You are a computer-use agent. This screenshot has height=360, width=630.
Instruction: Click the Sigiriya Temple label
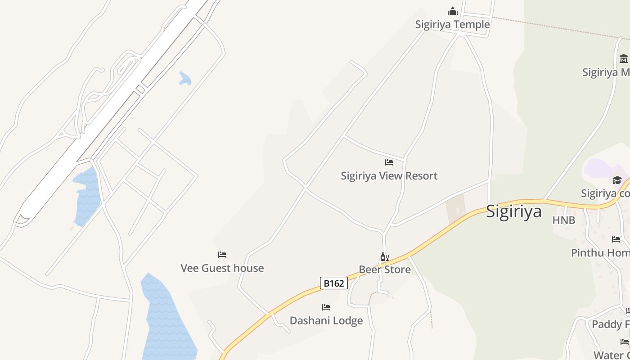click(452, 24)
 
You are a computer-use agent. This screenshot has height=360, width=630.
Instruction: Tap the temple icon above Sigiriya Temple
click(452, 11)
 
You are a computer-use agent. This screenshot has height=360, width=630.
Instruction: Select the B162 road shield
click(334, 283)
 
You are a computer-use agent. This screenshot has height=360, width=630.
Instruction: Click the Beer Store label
click(385, 270)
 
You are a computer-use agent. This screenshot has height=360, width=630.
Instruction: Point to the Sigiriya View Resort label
click(389, 175)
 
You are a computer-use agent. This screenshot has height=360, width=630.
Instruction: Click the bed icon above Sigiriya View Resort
click(389, 162)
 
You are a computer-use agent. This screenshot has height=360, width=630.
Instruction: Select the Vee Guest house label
click(222, 268)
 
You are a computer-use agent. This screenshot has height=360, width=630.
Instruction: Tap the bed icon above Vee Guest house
click(222, 255)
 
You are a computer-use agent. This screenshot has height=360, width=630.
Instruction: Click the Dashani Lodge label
click(326, 321)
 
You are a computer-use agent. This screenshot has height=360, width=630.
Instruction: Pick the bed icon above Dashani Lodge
click(326, 307)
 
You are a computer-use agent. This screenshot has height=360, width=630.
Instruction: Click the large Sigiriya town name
click(513, 211)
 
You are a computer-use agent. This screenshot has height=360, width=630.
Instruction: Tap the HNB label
click(564, 220)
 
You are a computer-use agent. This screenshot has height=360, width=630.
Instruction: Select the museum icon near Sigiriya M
click(623, 59)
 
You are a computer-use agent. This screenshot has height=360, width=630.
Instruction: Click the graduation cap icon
click(617, 180)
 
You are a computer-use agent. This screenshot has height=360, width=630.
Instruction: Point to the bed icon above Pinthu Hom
click(616, 239)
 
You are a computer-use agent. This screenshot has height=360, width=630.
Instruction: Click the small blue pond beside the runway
click(184, 79)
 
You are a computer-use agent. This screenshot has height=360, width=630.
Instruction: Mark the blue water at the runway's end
click(86, 198)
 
